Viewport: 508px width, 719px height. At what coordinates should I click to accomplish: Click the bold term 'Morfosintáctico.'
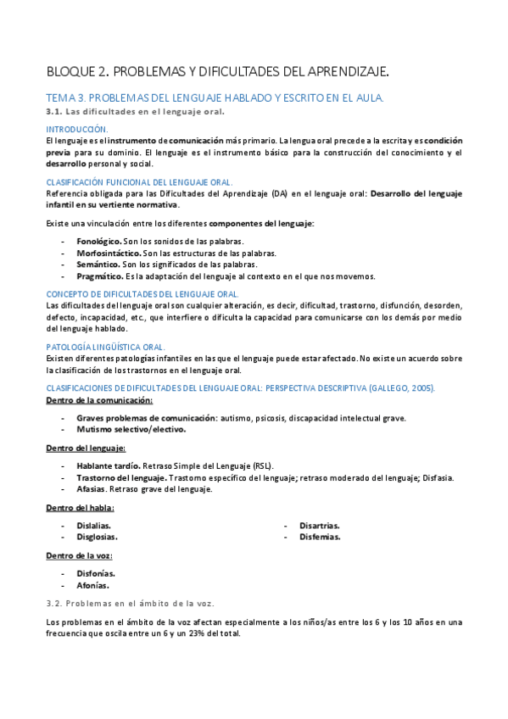[x=108, y=254]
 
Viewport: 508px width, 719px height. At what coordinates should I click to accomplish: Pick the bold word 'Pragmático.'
[x=99, y=276]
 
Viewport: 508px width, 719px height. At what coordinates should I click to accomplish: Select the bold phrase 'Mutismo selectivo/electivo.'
[x=131, y=429]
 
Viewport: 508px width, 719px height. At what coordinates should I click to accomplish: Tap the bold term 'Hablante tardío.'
[x=108, y=466]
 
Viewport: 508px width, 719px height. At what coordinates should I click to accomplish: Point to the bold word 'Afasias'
[x=92, y=489]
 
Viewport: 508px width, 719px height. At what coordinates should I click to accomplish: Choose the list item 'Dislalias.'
[x=93, y=526]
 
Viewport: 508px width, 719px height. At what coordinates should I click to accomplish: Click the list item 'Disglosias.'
[x=97, y=537]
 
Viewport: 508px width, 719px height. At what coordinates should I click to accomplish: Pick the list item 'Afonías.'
[x=95, y=585]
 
